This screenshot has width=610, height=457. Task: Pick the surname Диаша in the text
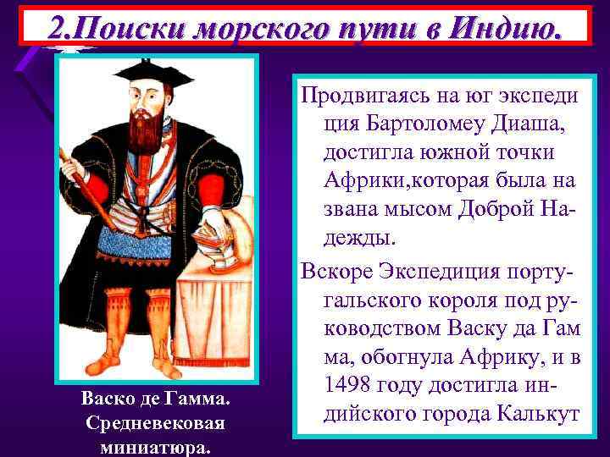pos(529,124)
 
